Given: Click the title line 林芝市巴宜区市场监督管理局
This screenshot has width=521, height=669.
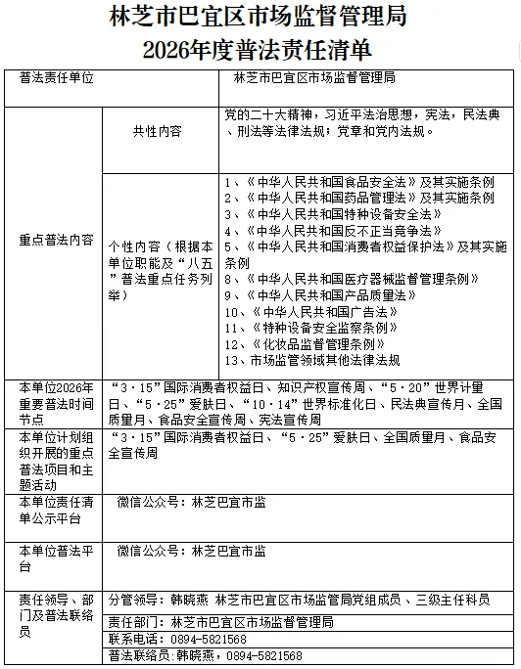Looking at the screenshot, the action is click(x=260, y=18).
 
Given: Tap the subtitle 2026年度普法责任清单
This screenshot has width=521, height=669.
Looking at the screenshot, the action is click(x=260, y=48).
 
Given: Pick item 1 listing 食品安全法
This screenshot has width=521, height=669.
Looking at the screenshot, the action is click(x=358, y=182).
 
